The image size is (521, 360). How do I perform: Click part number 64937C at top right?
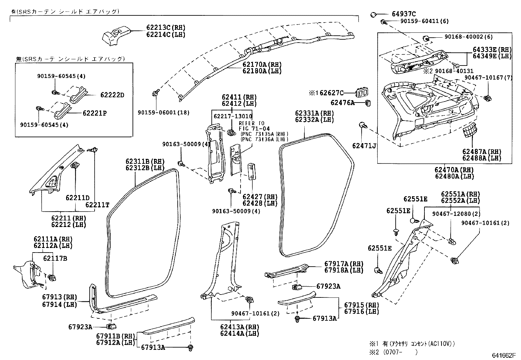(404, 14)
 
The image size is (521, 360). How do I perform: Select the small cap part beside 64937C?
(373, 14)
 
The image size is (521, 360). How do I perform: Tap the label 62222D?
(112, 95)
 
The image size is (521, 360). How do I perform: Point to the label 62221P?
(95, 113)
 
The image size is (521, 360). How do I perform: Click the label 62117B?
(55, 258)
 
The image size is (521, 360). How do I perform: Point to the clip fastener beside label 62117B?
(52, 278)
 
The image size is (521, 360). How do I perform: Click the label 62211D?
(77, 198)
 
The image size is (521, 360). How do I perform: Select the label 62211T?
(98, 205)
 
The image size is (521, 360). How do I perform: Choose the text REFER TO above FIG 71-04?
(252, 123)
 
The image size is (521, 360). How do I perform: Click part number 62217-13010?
(233, 116)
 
